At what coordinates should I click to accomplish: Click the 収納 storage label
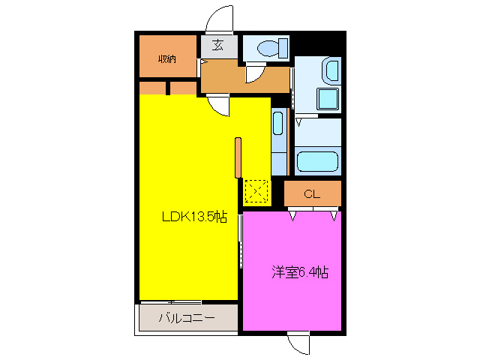click(x=166, y=58)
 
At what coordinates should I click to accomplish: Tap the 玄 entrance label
click(x=217, y=46)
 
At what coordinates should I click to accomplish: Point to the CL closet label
click(x=312, y=194)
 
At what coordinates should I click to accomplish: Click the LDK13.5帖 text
click(x=195, y=217)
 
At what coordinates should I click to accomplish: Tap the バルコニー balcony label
click(x=187, y=318)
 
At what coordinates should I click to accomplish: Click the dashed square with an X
click(x=256, y=190)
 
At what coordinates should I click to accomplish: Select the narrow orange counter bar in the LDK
click(x=238, y=157)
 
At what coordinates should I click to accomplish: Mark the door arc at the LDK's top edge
click(x=219, y=105)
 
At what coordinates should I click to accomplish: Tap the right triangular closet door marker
click(x=333, y=217)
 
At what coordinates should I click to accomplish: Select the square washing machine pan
click(x=328, y=99)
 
